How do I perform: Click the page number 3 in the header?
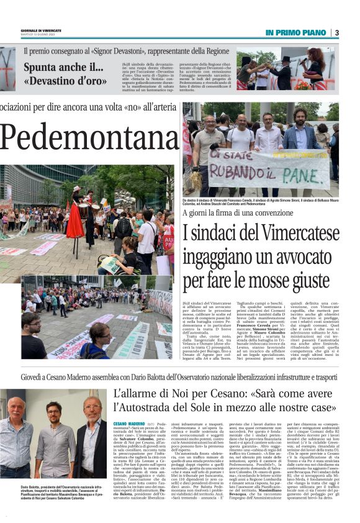pyautogui.click(x=337, y=32)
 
